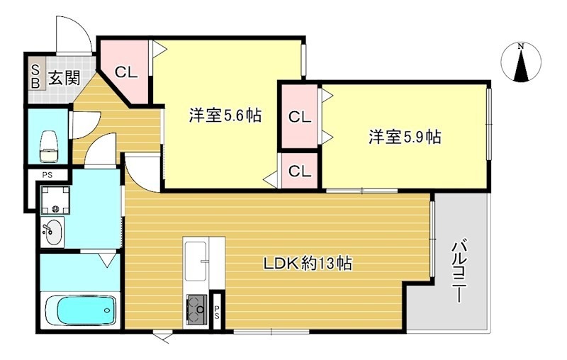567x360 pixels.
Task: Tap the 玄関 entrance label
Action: click(64, 77)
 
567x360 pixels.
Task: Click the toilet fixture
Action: click(48, 145)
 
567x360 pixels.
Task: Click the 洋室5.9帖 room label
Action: click(404, 137)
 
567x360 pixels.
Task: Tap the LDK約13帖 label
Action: click(308, 264)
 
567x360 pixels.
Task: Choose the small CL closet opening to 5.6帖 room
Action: click(299, 171)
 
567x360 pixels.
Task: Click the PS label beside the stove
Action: click(218, 309)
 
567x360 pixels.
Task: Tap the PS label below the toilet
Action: click(47, 174)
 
